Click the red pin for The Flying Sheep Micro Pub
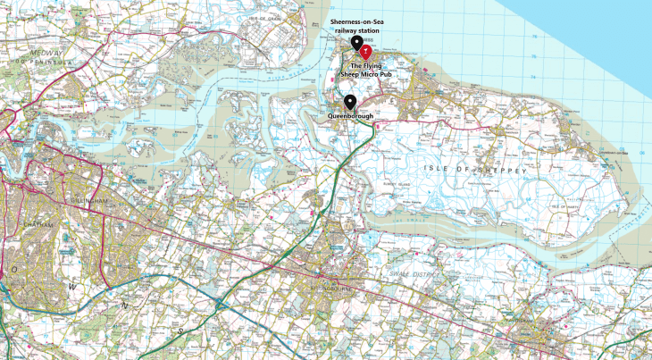(x=364, y=53)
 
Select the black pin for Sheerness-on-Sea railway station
(x=356, y=42)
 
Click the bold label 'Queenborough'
(x=350, y=116)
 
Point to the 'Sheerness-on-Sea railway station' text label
(x=355, y=25)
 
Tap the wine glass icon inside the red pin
(x=364, y=51)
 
